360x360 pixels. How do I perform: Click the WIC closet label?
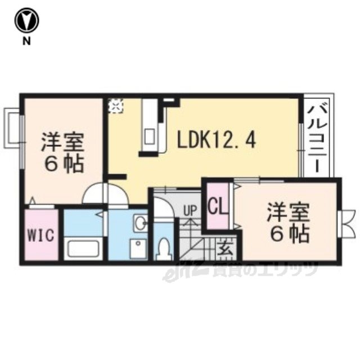pyautogui.click(x=42, y=235)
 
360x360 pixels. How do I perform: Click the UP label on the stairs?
pyautogui.click(x=190, y=211)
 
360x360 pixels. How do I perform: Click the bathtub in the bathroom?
pyautogui.click(x=82, y=248)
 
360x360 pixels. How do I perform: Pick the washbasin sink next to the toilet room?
pyautogui.click(x=139, y=224)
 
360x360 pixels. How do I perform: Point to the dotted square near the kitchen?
pyautogui.click(x=115, y=106)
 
